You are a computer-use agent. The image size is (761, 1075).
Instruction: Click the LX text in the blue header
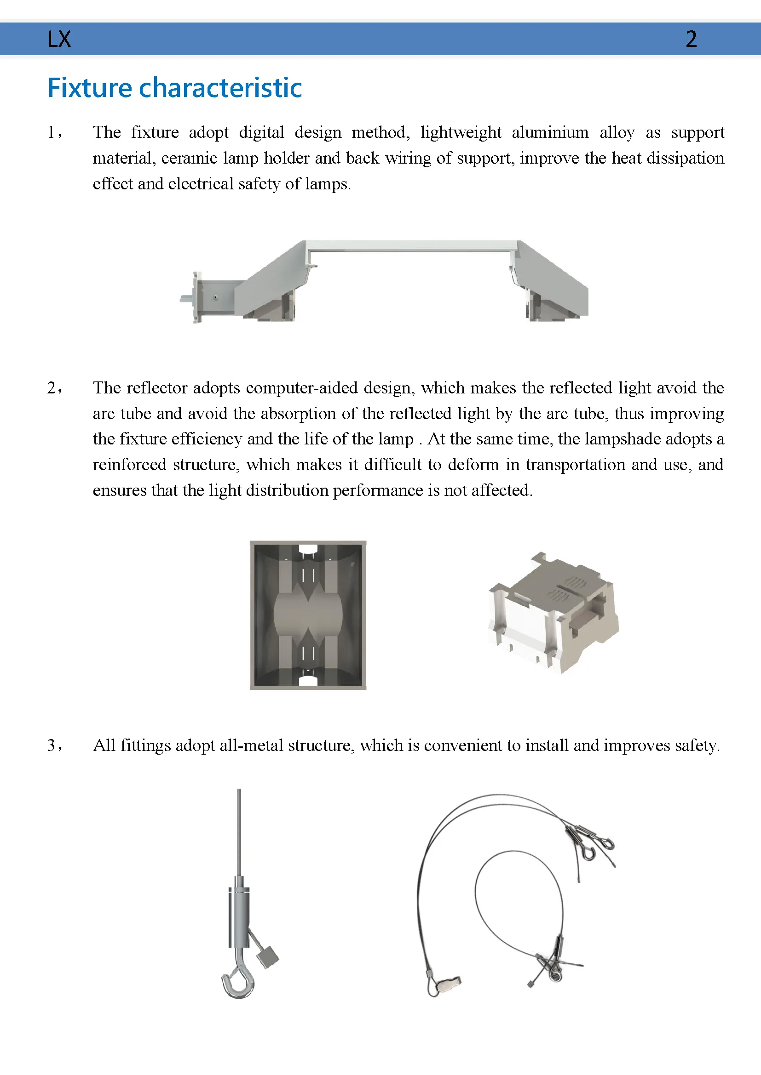pos(59,39)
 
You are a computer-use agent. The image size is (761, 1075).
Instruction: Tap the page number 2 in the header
pos(691,39)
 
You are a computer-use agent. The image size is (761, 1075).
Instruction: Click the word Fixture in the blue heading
pos(90,88)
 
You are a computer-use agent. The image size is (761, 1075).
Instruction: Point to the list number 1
pos(52,132)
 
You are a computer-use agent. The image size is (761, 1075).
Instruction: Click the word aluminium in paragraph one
pos(550,132)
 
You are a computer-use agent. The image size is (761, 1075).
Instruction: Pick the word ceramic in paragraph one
pos(189,158)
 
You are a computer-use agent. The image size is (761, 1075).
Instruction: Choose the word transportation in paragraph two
pos(576,465)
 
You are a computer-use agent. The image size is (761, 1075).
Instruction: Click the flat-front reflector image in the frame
pos(308,615)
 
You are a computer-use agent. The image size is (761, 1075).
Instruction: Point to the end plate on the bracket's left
pos(198,297)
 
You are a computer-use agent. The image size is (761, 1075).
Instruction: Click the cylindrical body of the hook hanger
pos(239,917)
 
